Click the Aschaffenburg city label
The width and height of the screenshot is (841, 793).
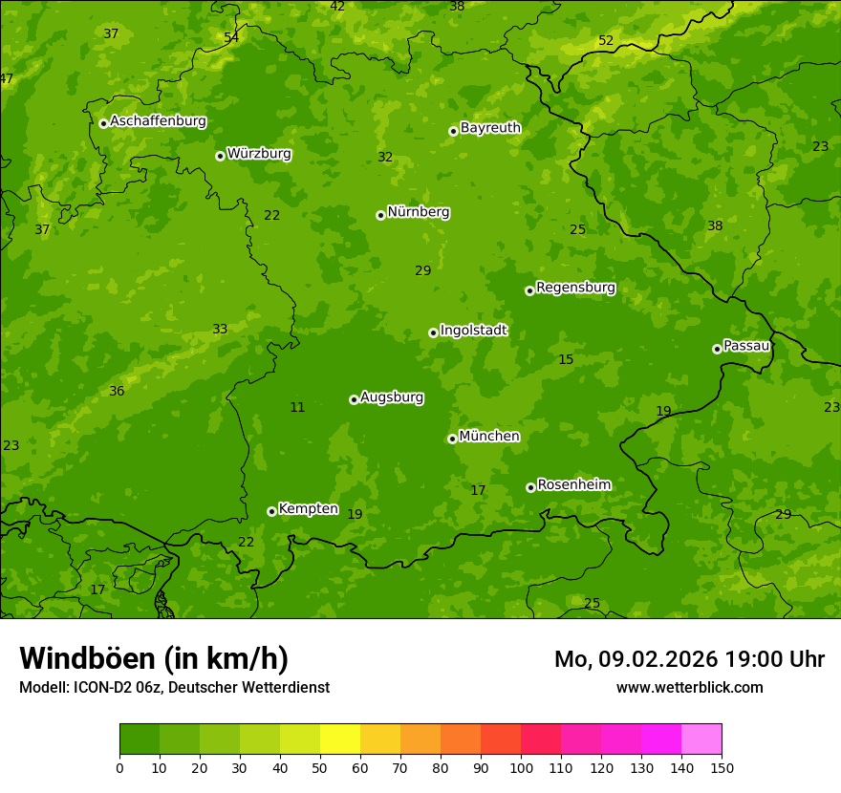click(158, 121)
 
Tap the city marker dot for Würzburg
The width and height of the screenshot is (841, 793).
click(220, 156)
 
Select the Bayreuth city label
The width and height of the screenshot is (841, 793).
click(490, 128)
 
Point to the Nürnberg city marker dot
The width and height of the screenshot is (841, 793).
click(380, 215)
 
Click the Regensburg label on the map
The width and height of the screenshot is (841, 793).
click(575, 288)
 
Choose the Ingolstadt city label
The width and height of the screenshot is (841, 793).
click(473, 331)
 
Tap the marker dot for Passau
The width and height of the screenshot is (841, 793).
click(717, 349)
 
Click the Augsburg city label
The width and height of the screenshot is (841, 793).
click(392, 397)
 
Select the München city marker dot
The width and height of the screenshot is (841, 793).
click(452, 439)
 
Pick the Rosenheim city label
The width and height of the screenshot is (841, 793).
click(573, 485)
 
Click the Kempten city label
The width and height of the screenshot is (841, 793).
click(308, 509)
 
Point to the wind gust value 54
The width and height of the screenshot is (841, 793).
click(231, 38)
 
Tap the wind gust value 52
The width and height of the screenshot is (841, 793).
click(606, 40)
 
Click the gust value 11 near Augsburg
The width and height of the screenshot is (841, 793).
click(297, 408)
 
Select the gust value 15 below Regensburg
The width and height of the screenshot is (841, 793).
click(566, 360)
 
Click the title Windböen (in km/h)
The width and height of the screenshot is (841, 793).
click(154, 658)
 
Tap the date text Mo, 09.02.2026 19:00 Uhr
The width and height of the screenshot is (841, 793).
click(689, 659)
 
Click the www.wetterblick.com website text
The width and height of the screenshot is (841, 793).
click(689, 687)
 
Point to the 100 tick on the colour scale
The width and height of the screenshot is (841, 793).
click(521, 767)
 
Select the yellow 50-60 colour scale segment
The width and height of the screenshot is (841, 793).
click(340, 739)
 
